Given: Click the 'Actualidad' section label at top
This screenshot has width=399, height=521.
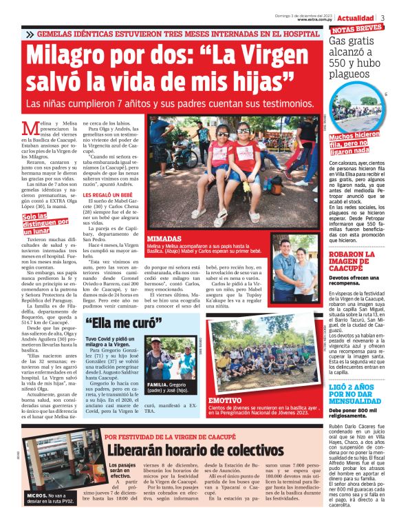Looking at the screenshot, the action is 356,17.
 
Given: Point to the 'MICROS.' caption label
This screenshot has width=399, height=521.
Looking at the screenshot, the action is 39,496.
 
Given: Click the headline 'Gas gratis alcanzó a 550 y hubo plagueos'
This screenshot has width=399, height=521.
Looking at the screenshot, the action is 357,57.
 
